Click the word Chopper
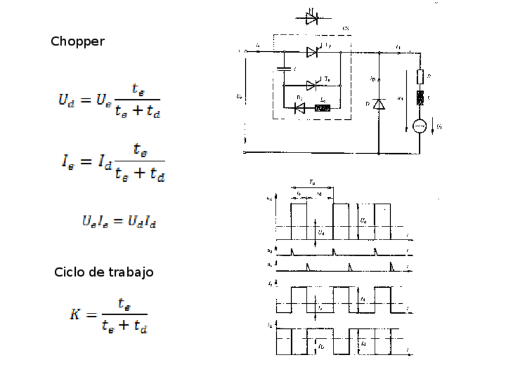click(78, 42)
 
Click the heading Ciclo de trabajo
click(104, 272)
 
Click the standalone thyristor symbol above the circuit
click(311, 18)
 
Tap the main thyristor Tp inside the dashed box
click(313, 52)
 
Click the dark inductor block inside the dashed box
click(322, 108)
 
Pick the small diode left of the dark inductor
click(300, 108)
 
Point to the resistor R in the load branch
click(419, 77)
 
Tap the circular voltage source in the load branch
click(419, 126)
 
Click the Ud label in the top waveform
click(321, 233)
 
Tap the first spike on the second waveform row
click(292, 250)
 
